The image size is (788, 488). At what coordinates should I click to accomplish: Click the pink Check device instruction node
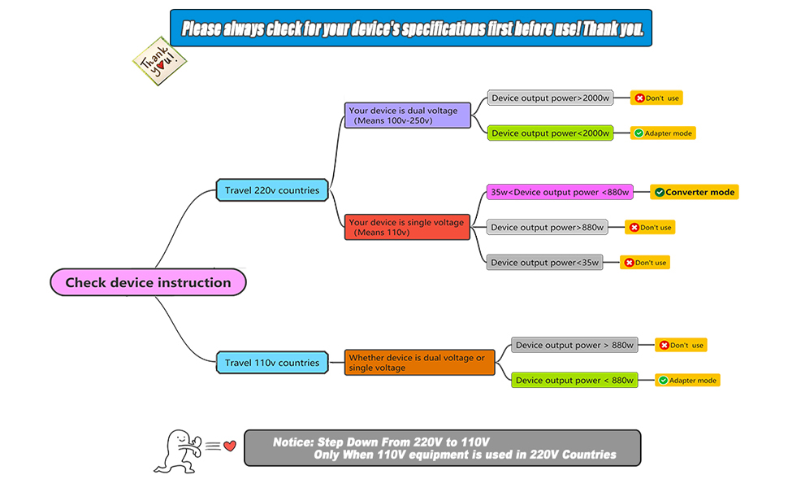[x=148, y=282]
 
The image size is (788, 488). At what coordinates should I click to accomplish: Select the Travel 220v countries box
[x=272, y=190]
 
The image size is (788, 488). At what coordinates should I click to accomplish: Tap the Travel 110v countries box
[x=272, y=363]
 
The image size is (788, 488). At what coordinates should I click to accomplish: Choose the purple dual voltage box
[x=408, y=115]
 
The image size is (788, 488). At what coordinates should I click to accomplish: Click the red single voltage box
[x=407, y=227]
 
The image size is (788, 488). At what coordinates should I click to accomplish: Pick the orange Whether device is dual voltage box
[x=419, y=363]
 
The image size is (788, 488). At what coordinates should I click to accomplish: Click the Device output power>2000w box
[x=550, y=98]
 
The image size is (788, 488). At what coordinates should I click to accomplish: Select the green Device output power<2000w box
[x=550, y=133]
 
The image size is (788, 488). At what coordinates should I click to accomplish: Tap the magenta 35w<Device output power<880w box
[x=560, y=192]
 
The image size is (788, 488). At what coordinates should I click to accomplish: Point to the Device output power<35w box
[x=544, y=262]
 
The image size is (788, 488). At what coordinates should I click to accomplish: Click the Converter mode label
[x=695, y=192]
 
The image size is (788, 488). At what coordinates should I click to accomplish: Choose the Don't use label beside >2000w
[x=656, y=98]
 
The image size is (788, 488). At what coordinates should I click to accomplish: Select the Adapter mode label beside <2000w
[x=663, y=133]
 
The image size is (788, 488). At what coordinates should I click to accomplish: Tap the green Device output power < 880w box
[x=574, y=380]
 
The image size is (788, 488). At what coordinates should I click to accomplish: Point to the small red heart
[x=230, y=445]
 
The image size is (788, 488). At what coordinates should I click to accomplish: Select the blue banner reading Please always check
[x=411, y=28]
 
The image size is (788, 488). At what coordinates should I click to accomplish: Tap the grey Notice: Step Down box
[x=443, y=447]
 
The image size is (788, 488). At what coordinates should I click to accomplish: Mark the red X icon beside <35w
[x=629, y=262]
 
